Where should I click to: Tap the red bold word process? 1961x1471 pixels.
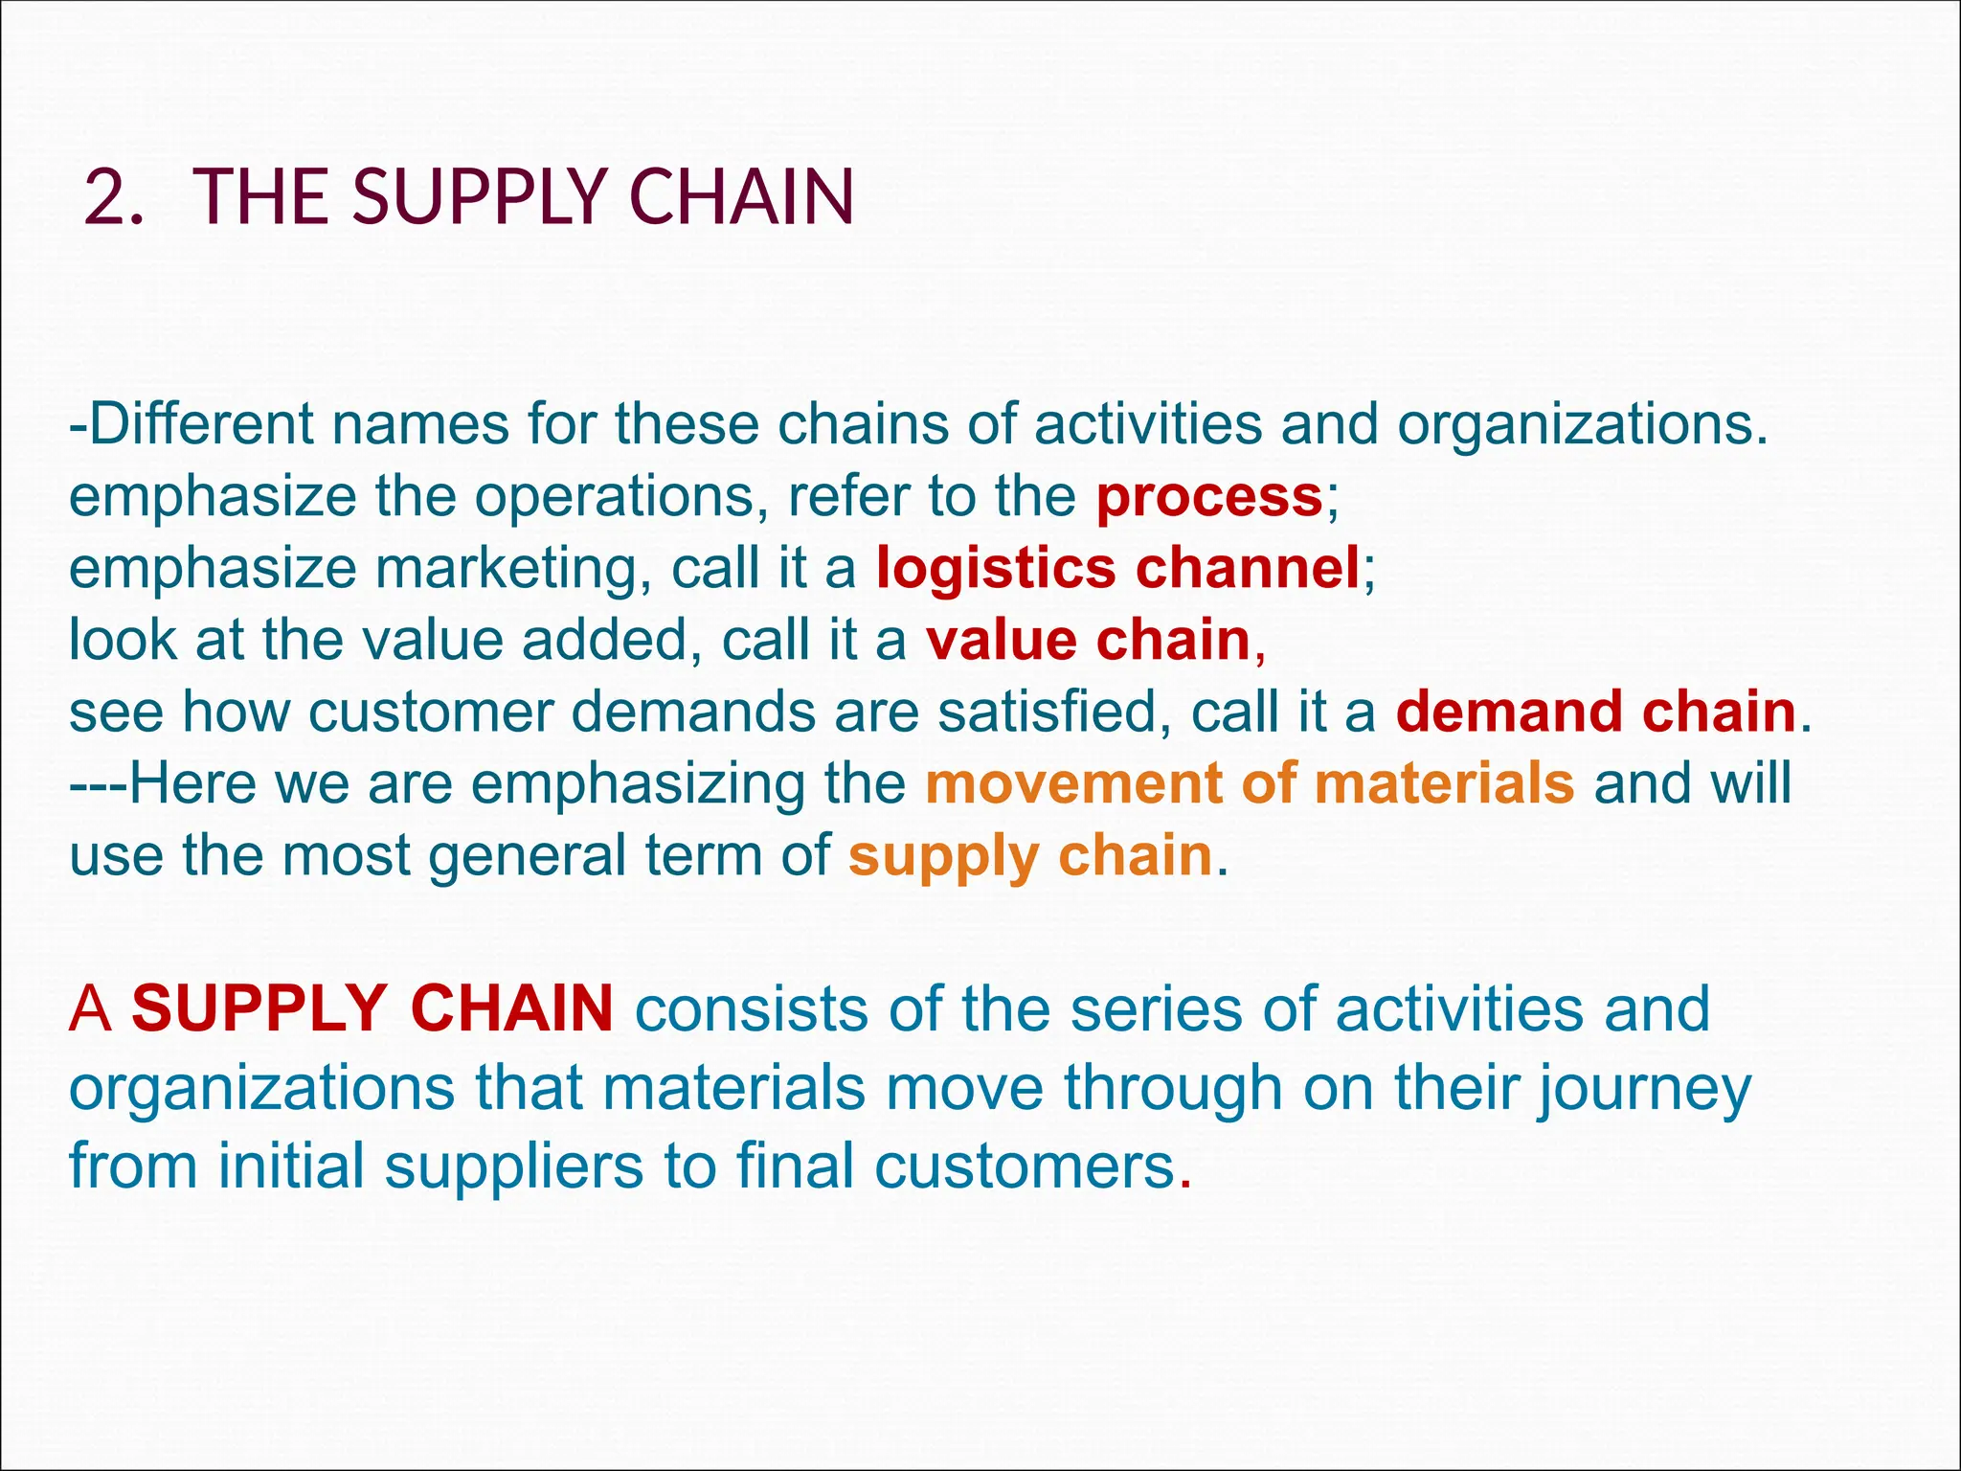(x=1209, y=496)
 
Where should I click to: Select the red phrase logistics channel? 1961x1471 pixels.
(x=1117, y=567)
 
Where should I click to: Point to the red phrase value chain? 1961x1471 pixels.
(x=1089, y=640)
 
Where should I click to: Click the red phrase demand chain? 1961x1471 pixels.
(x=1595, y=712)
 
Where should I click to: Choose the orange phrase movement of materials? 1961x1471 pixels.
(x=1249, y=783)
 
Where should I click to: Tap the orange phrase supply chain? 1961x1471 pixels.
(x=1030, y=855)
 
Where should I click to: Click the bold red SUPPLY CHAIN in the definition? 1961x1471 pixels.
(x=372, y=1008)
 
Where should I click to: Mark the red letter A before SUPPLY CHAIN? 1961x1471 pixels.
(x=90, y=1008)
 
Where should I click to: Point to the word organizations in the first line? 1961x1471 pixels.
(x=1581, y=423)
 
